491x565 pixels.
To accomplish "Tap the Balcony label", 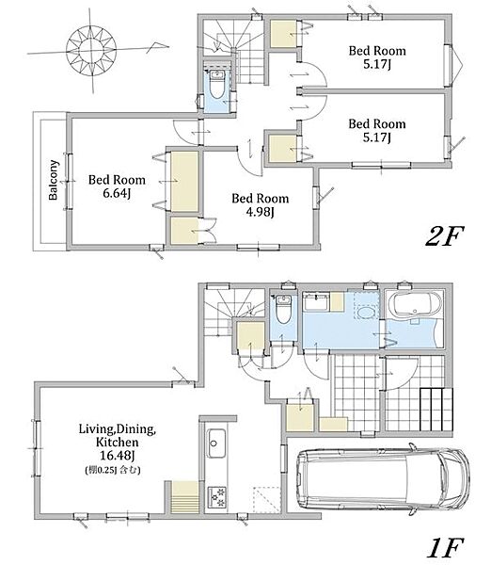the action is click(x=54, y=180).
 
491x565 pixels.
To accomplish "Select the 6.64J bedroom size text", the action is click(x=117, y=193).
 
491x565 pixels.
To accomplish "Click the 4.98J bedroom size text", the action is click(x=260, y=212).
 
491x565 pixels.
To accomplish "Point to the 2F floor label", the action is click(x=445, y=236).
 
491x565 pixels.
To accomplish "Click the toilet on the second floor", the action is click(x=216, y=85).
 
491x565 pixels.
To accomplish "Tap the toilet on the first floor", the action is click(x=283, y=310).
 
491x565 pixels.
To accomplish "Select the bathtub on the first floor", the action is click(x=413, y=305).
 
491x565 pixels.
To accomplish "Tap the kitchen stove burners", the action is click(x=216, y=497).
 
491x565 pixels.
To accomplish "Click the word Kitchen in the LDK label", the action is click(x=117, y=442).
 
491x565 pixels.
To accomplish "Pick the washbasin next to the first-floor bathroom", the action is click(x=316, y=302).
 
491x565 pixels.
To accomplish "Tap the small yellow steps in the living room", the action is click(x=185, y=497).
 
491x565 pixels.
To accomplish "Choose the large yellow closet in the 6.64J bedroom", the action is click(x=184, y=181).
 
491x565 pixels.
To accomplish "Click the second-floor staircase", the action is click(x=233, y=51).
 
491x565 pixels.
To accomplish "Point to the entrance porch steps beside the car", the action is click(x=436, y=409).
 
